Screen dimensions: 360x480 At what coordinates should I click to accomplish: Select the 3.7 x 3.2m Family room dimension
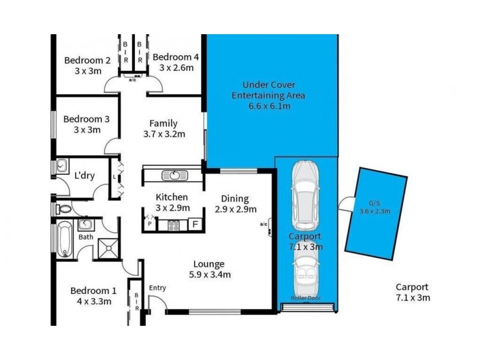click(164, 134)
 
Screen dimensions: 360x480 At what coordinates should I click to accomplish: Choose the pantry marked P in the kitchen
click(149, 225)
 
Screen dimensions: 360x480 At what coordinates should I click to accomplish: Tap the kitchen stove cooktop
click(173, 226)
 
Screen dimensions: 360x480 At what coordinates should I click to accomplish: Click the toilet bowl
click(62, 210)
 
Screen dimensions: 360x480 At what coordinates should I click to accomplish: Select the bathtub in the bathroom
click(63, 239)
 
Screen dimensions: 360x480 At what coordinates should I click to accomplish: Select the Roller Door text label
click(306, 298)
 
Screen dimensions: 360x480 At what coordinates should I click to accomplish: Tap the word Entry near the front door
click(157, 288)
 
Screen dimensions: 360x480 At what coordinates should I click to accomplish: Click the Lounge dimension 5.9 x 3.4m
click(208, 275)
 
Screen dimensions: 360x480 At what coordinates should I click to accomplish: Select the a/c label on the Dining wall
click(263, 224)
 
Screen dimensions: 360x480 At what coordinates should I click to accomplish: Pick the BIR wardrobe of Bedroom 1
click(136, 302)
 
